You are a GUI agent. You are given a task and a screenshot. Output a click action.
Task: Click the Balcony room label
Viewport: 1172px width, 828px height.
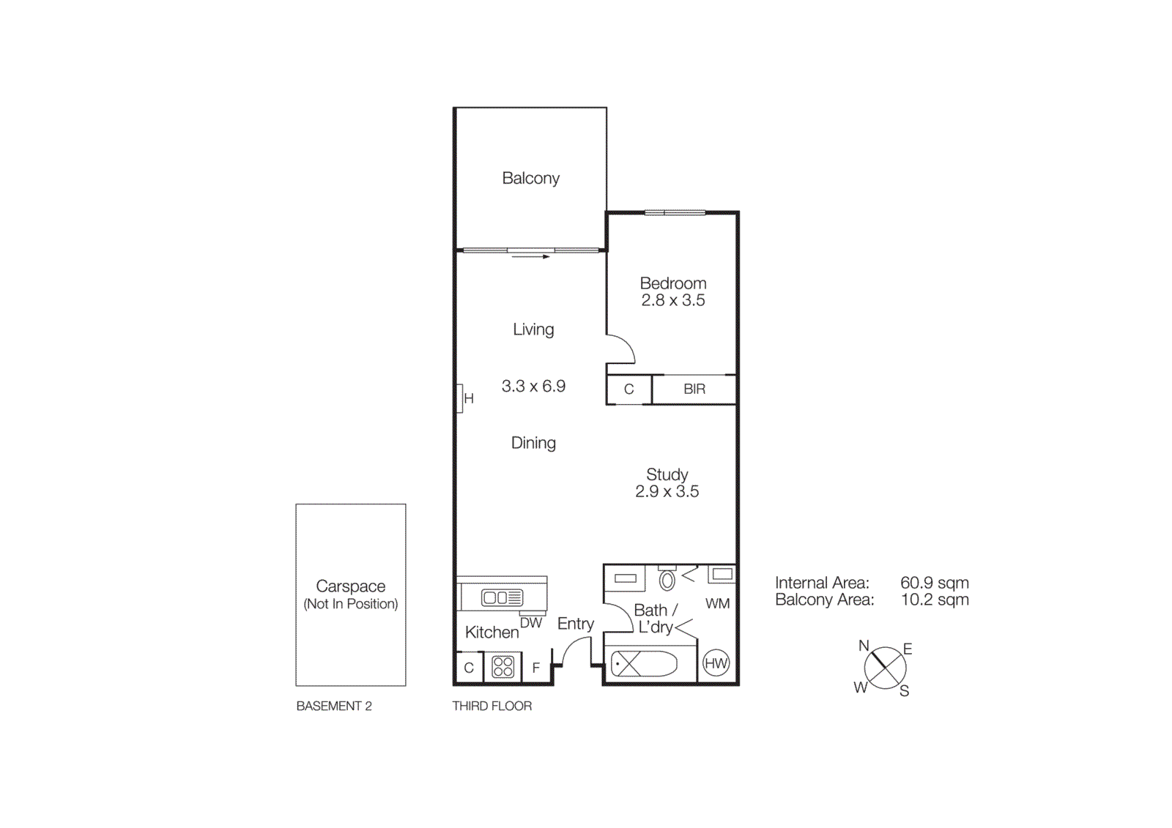530,178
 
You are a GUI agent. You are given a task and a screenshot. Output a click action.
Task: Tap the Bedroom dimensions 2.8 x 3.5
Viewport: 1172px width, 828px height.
672,300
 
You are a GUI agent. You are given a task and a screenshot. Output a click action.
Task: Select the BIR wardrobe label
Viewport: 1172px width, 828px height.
694,389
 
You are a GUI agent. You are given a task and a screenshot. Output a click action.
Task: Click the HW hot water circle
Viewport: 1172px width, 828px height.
716,664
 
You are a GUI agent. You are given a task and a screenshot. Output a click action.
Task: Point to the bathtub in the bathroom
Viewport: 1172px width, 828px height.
644,665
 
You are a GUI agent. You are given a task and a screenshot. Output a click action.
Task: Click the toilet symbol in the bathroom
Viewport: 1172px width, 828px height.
667,581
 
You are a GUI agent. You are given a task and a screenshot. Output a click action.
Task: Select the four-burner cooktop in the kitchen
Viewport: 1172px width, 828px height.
502,667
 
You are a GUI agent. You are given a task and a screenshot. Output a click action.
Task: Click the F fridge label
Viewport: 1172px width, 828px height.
536,668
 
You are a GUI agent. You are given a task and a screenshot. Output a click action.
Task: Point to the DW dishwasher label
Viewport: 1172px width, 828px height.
531,623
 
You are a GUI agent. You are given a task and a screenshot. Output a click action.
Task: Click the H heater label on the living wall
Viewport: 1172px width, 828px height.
469,399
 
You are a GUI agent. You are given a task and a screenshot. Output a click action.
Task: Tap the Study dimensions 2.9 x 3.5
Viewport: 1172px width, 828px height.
667,491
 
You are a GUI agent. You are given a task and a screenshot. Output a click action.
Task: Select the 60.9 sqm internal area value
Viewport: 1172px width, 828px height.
934,583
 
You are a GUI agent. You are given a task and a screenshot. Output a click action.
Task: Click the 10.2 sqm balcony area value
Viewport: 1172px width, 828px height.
934,600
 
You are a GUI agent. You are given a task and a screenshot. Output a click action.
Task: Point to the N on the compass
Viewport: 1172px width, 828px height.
864,646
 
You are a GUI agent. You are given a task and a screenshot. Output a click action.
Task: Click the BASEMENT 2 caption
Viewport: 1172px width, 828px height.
334,706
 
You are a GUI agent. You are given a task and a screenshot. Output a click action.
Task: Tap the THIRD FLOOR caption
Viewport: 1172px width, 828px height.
492,706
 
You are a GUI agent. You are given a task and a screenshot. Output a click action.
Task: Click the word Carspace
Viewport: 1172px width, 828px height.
350,586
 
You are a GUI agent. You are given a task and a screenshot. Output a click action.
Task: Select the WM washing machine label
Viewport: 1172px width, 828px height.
717,604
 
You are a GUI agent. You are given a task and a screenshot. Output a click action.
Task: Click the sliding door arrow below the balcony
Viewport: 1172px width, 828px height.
531,257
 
